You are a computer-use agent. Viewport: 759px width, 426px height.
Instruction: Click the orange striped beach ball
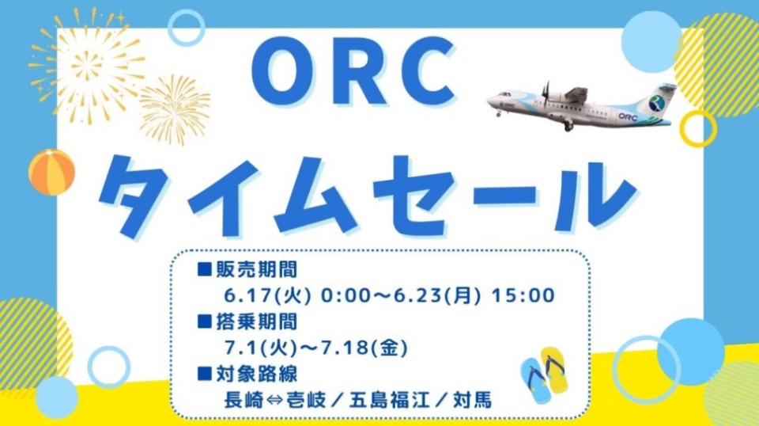pyautogui.click(x=52, y=172)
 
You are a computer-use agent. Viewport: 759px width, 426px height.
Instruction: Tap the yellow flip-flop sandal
pyautogui.click(x=555, y=369)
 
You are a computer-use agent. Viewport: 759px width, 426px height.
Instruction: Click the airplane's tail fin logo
pyautogui.click(x=658, y=103)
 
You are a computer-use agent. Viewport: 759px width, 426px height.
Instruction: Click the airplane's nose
pyautogui.click(x=490, y=101)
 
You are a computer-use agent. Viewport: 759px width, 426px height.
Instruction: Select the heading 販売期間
pyautogui.click(x=256, y=270)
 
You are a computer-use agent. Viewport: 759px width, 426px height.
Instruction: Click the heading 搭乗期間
pyautogui.click(x=256, y=321)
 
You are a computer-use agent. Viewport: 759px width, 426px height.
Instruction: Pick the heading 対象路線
pyautogui.click(x=256, y=374)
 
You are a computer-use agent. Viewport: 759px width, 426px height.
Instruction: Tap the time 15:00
pyautogui.click(x=523, y=295)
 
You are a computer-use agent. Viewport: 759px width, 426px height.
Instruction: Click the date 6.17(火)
pyautogui.click(x=267, y=295)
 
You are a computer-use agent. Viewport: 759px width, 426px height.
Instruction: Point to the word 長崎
pyautogui.click(x=244, y=401)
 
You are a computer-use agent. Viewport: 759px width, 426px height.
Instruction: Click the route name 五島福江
pyautogui.click(x=390, y=401)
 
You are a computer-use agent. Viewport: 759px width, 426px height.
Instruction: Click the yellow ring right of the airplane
pyautogui.click(x=697, y=128)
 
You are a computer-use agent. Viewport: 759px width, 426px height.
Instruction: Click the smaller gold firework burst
pyautogui.click(x=174, y=111)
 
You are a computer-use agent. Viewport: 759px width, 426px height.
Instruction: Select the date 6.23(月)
pyautogui.click(x=437, y=295)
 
